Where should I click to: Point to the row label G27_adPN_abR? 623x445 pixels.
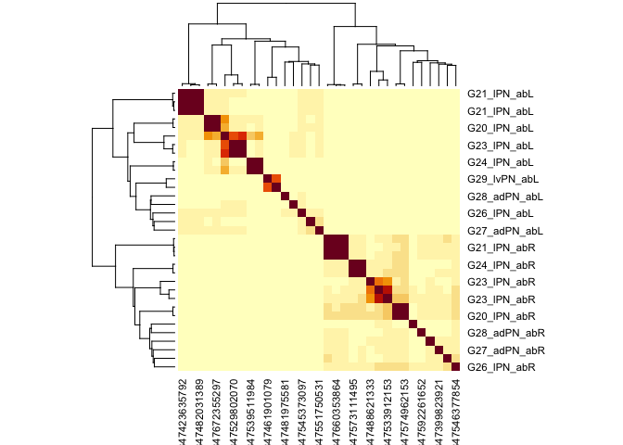coord(505,350)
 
